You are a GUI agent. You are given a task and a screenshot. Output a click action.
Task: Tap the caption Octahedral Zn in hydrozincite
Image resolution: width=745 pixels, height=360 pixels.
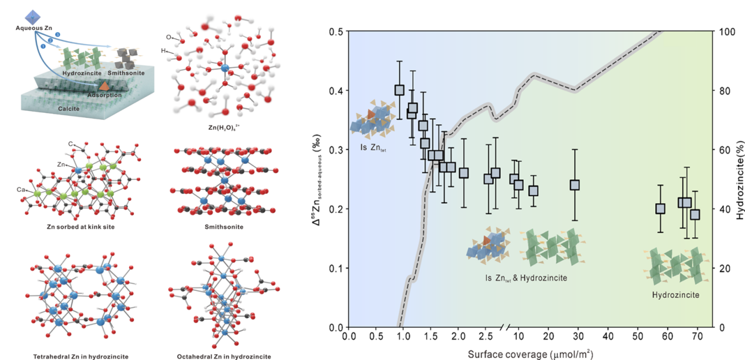(224, 356)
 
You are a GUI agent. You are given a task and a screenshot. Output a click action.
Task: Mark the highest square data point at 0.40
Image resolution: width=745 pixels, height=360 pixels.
(399, 90)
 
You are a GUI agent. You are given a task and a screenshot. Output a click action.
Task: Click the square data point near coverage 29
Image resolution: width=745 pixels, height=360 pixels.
(575, 185)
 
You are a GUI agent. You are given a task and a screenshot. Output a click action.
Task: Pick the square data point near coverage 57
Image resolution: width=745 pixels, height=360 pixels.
(660, 208)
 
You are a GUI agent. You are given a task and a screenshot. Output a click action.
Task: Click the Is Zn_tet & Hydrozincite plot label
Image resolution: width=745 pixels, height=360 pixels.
(526, 277)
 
